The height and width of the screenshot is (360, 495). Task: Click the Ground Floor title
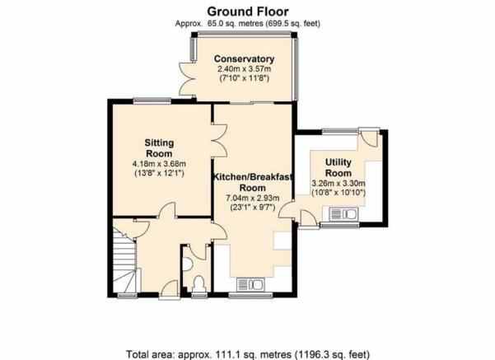tap(248, 12)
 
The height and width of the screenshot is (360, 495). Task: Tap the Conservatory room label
tap(244, 59)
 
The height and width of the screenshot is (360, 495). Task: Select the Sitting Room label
tap(159, 148)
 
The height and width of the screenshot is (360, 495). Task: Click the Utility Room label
tap(339, 168)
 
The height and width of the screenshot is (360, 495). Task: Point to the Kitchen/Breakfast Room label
tap(253, 182)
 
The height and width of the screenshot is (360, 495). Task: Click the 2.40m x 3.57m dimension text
tap(244, 69)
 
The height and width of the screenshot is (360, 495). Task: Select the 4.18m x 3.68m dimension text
tap(159, 164)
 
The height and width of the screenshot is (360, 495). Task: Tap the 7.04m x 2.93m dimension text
tap(253, 198)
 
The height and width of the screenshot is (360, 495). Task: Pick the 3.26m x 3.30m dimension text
tap(339, 183)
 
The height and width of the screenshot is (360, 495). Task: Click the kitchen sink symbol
tap(250, 284)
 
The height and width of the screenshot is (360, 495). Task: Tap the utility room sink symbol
tap(343, 214)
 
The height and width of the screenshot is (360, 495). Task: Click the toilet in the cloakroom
tap(198, 284)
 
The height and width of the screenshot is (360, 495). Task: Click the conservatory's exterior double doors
tap(187, 78)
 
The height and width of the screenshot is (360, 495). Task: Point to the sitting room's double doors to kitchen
tap(220, 140)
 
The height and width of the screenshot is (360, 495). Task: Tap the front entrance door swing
tap(170, 288)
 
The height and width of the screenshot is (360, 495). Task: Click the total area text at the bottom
tap(248, 354)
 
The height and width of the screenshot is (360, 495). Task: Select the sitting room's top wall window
tap(152, 101)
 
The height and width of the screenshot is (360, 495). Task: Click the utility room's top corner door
tap(369, 137)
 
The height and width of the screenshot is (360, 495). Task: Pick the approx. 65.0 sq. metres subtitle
tap(248, 24)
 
